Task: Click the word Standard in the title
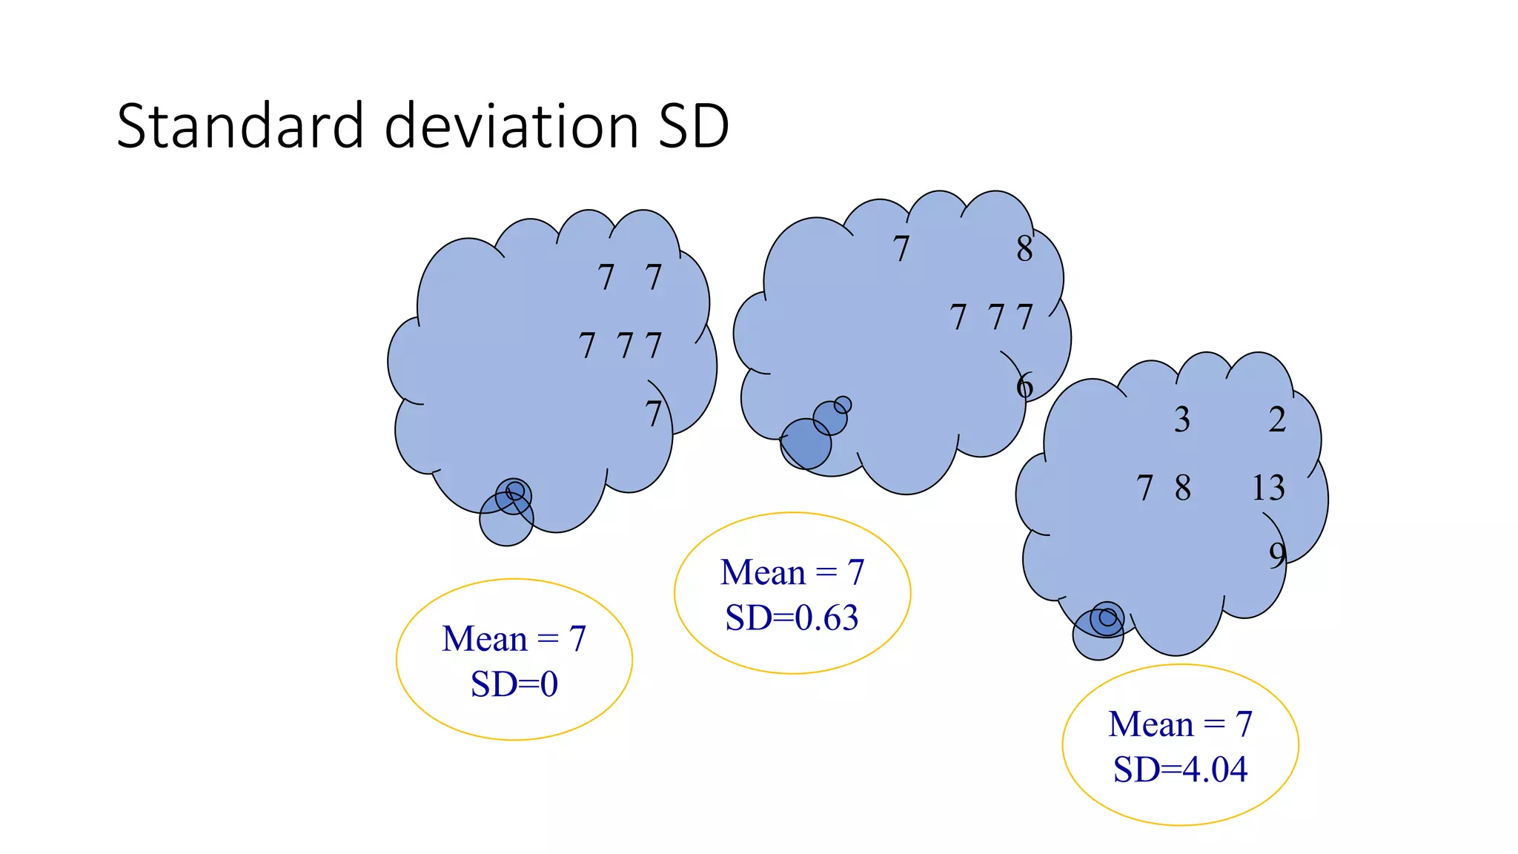click(240, 126)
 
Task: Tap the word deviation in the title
click(511, 126)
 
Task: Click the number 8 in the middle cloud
click(1024, 249)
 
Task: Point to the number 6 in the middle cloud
click(1024, 386)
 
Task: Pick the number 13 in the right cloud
click(1267, 488)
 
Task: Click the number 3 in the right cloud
click(1182, 420)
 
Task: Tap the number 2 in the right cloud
click(1277, 420)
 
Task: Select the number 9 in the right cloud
click(1277, 555)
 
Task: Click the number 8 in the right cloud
click(1183, 488)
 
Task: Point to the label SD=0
click(514, 684)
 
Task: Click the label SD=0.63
click(792, 618)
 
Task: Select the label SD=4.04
click(1180, 769)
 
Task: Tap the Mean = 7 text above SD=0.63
click(792, 572)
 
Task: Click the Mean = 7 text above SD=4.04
click(1180, 724)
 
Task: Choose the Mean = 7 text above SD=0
click(514, 639)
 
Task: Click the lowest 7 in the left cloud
click(653, 414)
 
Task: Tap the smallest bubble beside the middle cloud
click(843, 405)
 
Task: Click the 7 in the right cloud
click(1145, 488)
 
